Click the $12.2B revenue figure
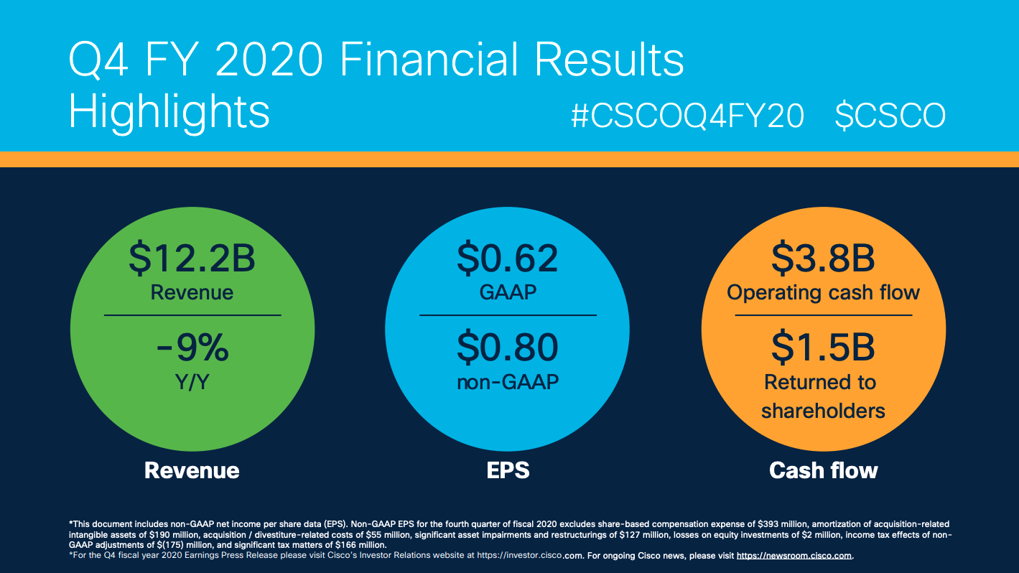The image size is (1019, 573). tap(192, 258)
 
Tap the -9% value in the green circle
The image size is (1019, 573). tap(192, 349)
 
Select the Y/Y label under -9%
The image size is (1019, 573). tap(192, 381)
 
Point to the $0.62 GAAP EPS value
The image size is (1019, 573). tap(508, 258)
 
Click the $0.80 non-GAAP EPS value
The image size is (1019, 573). tap(508, 349)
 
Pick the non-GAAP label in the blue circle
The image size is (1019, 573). tap(508, 381)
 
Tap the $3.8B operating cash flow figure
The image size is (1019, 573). tap(823, 258)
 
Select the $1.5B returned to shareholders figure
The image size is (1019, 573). tap(823, 348)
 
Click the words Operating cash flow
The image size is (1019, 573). tap(823, 292)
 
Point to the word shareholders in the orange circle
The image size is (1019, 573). tap(823, 411)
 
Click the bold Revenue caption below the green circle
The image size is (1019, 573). tap(192, 470)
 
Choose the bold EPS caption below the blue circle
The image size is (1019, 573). tap(508, 470)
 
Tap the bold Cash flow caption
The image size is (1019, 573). tap(823, 470)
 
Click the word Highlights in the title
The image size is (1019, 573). tap(169, 113)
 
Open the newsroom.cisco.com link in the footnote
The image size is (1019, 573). tap(794, 556)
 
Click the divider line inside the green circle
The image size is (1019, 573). tap(192, 315)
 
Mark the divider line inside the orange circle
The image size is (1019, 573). tap(823, 315)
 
